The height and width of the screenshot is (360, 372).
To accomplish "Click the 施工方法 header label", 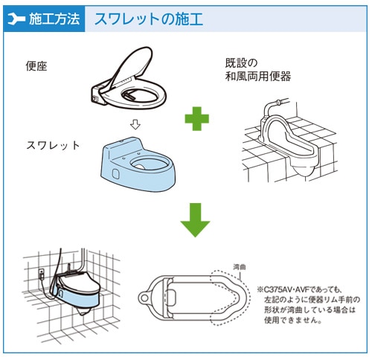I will [54, 19].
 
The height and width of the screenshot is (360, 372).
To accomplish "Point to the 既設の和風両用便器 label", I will [257, 70].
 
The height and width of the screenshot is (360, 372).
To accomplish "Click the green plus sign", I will [197, 118].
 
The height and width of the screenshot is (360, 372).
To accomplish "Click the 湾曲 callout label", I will [240, 264].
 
